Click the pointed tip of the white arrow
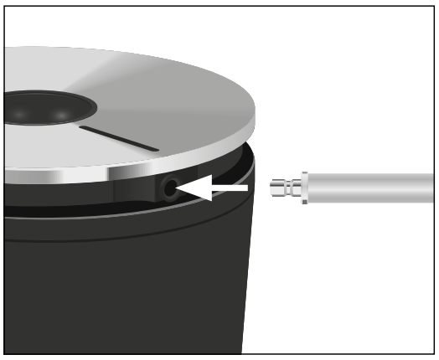178,190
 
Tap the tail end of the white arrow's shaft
246,189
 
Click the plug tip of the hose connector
274,188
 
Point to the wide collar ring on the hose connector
304,188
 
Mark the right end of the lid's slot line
157,150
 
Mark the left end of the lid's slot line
81,128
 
